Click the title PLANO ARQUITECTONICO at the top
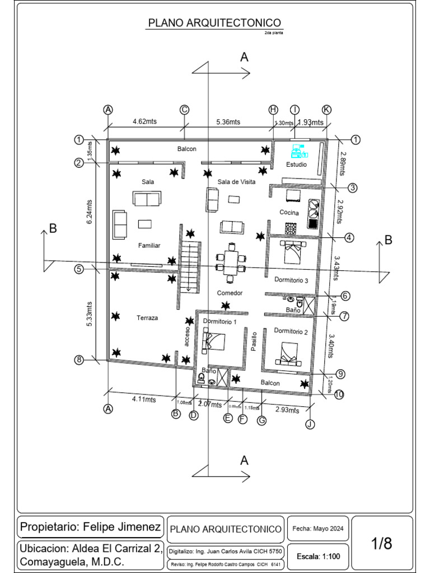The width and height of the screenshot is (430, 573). (215, 23)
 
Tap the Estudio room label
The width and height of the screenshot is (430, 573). (296, 165)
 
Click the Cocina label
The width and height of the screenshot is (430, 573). (289, 213)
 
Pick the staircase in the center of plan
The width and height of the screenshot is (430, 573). (190, 267)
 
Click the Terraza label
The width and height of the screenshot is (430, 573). (147, 318)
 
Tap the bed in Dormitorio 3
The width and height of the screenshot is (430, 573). (293, 252)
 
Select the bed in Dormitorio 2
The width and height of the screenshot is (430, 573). (289, 354)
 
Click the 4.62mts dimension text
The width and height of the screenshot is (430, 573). (144, 121)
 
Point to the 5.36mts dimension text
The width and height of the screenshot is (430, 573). (228, 122)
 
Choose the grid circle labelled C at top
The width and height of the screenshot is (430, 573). (184, 110)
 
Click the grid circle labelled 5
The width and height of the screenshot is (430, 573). (80, 269)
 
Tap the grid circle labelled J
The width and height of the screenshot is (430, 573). (310, 424)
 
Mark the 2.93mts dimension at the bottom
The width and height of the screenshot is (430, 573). (287, 410)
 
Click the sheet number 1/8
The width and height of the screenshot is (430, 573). (382, 543)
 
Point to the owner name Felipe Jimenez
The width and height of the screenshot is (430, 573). (122, 527)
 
